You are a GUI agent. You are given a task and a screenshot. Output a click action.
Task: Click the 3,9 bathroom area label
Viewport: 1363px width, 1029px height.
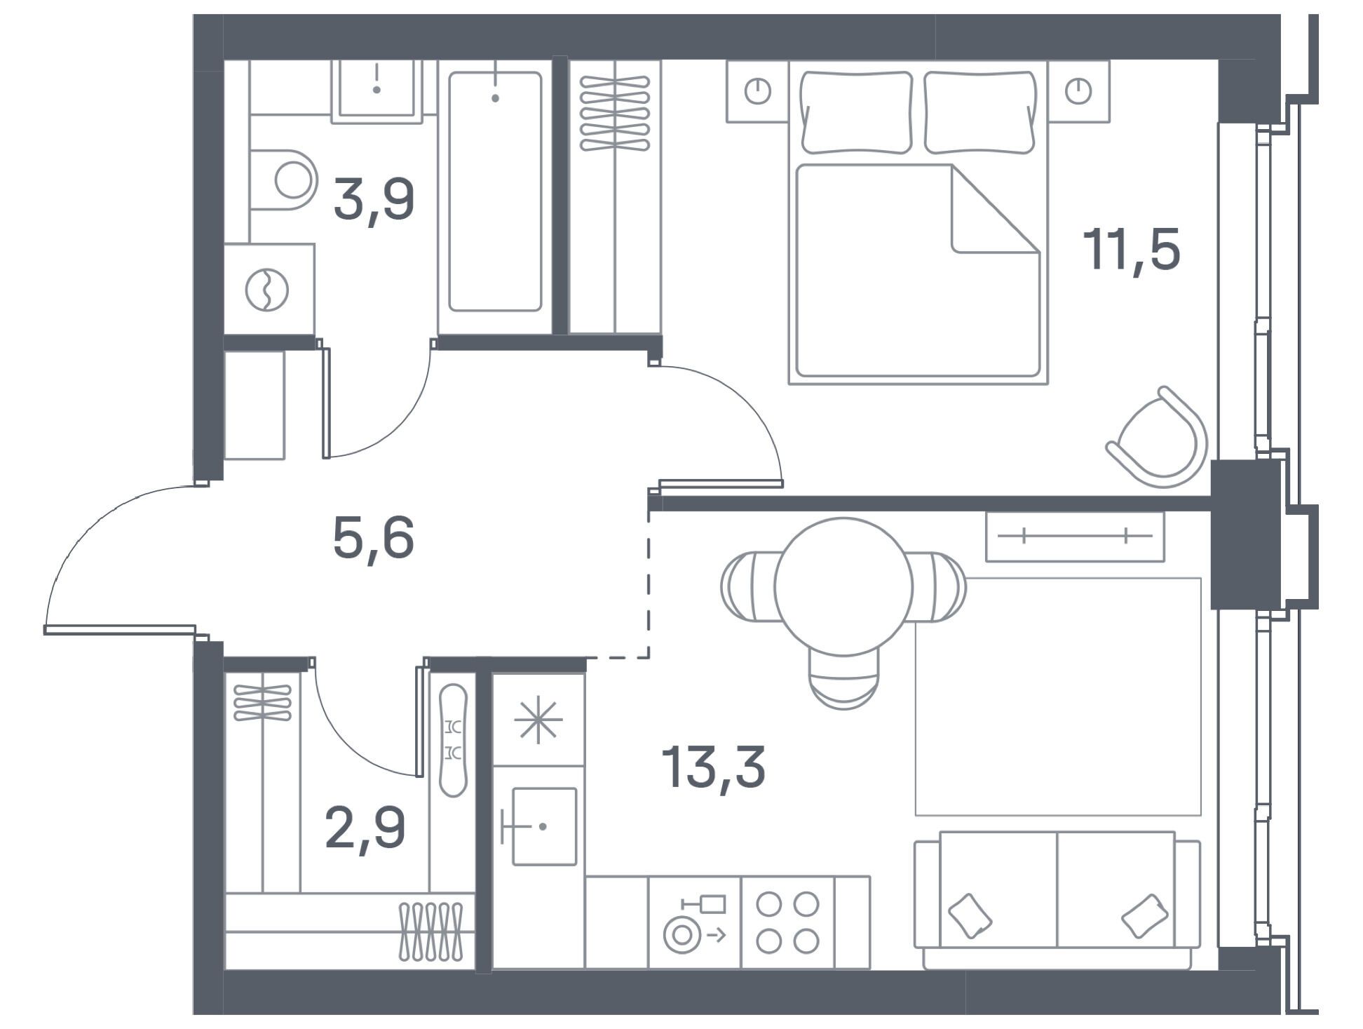[374, 200]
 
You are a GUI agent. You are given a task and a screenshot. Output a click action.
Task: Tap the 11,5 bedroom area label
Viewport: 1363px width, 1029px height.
[1132, 249]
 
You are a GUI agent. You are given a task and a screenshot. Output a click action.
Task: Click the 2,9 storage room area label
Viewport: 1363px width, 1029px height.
[365, 828]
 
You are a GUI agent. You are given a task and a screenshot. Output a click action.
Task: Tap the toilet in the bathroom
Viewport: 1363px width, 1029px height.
[284, 180]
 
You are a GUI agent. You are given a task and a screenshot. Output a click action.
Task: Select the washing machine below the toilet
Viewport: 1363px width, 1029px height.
[269, 289]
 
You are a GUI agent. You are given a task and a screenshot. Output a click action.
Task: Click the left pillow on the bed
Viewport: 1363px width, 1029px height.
[857, 112]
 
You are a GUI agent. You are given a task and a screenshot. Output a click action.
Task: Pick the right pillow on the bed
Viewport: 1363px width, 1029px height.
[979, 112]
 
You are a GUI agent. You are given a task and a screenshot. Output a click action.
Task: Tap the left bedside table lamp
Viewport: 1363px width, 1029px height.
[757, 91]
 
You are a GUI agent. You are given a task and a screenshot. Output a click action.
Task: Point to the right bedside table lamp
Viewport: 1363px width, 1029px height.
[1078, 91]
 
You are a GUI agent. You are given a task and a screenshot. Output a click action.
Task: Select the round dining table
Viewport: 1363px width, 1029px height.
[843, 586]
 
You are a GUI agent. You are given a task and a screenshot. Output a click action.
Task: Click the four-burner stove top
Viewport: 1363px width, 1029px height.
[788, 922]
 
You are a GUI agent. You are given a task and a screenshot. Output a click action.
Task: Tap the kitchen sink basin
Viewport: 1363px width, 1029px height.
[544, 826]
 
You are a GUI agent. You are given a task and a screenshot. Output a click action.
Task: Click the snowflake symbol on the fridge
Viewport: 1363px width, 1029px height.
[538, 720]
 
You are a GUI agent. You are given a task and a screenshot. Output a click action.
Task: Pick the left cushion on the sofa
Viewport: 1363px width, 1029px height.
[970, 915]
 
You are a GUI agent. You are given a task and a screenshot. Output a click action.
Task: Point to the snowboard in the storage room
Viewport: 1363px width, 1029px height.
[453, 740]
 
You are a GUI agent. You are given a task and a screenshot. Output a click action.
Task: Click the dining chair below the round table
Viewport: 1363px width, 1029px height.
[843, 678]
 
